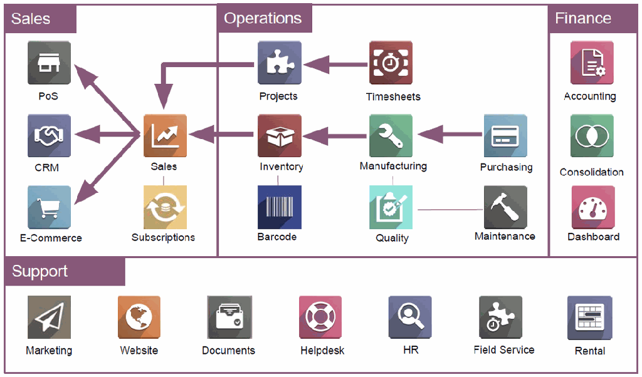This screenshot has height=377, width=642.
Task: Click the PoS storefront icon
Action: click(x=49, y=63)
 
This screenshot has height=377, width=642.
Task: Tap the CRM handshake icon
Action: click(x=49, y=135)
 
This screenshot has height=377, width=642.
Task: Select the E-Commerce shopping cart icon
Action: click(x=49, y=207)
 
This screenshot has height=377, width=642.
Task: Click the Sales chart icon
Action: click(x=165, y=135)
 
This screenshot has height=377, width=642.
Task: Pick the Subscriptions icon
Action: click(x=165, y=207)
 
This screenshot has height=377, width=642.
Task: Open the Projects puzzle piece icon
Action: click(x=280, y=63)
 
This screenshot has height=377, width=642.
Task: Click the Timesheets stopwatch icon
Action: click(x=391, y=63)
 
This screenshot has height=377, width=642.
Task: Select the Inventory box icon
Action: click(x=280, y=135)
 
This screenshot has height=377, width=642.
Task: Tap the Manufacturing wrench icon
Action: click(x=391, y=135)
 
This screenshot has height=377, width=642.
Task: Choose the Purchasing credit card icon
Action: click(x=505, y=135)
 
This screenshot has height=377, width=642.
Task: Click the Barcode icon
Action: click(x=280, y=207)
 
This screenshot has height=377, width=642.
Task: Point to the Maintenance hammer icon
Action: click(x=505, y=207)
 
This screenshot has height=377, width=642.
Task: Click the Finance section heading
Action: click(x=583, y=19)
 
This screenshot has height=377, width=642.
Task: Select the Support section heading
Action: click(x=40, y=272)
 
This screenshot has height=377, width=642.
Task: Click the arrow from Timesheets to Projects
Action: click(x=335, y=64)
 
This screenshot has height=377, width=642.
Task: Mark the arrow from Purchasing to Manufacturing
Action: click(x=449, y=134)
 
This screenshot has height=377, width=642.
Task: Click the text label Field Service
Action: click(x=504, y=350)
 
